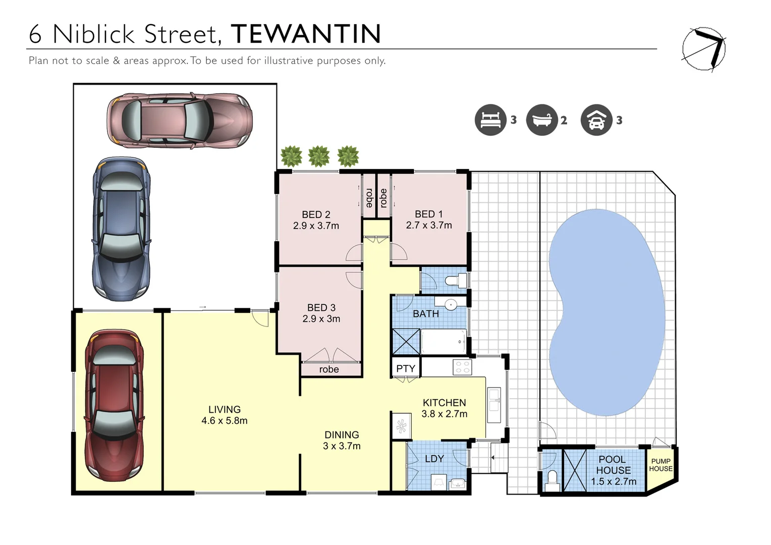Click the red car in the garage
pyautogui.click(x=114, y=405)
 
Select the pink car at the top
pyautogui.click(x=179, y=121)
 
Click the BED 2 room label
pyautogui.click(x=316, y=214)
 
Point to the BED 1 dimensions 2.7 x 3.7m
pyautogui.click(x=429, y=226)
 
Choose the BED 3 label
pyautogui.click(x=321, y=307)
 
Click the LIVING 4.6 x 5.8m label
pyautogui.click(x=224, y=415)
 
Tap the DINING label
pyautogui.click(x=342, y=434)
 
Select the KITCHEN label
pyautogui.click(x=444, y=403)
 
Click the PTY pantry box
pyautogui.click(x=405, y=368)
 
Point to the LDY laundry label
pyautogui.click(x=434, y=459)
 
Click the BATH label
pyautogui.click(x=425, y=314)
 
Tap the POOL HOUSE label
pyautogui.click(x=613, y=465)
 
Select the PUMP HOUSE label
pyautogui.click(x=660, y=465)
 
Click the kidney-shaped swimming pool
pyautogui.click(x=605, y=313)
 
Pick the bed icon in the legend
pyautogui.click(x=490, y=120)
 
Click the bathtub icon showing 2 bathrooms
pyautogui.click(x=541, y=120)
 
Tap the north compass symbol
pyautogui.click(x=704, y=49)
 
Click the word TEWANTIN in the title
pyautogui.click(x=306, y=34)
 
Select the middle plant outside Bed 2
pyautogui.click(x=319, y=156)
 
